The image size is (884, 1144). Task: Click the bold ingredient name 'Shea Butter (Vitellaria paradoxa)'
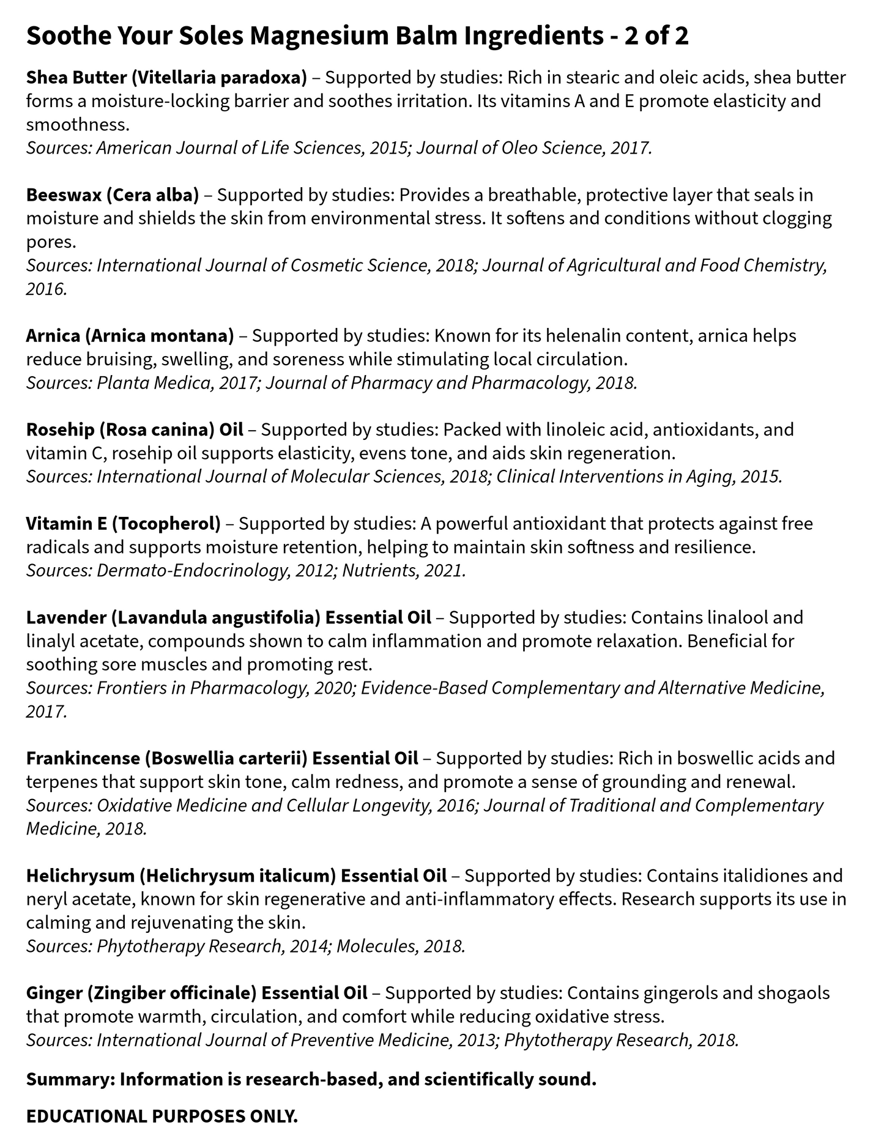(166, 78)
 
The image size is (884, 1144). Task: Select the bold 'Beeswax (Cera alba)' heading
(113, 195)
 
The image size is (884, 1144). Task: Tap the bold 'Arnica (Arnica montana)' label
(130, 336)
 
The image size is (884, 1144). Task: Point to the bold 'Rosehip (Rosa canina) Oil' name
(135, 429)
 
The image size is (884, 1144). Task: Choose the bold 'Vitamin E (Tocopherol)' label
(123, 524)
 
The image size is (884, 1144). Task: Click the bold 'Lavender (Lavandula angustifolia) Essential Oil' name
(228, 618)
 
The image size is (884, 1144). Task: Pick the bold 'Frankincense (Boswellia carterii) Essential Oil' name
(222, 759)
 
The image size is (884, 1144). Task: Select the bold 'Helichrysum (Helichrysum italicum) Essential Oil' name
(236, 876)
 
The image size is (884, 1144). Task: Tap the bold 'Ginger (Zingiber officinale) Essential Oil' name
(196, 993)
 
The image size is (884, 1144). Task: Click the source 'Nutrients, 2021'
(404, 571)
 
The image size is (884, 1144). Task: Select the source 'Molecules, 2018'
(401, 946)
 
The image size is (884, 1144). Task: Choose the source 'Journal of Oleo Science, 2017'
(534, 148)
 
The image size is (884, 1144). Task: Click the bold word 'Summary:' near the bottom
(70, 1080)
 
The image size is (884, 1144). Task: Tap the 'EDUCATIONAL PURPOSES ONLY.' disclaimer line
(162, 1116)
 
